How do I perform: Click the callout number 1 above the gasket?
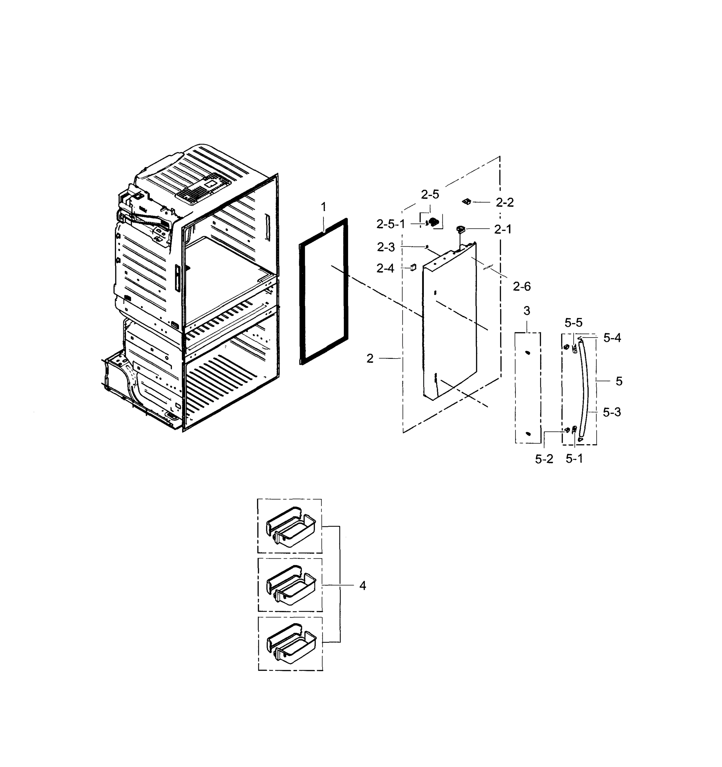tap(323, 207)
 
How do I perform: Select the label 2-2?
tap(505, 203)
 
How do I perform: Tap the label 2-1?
tap(503, 229)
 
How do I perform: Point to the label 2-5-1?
tap(391, 224)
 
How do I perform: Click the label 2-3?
tap(386, 247)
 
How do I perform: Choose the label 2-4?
tap(385, 268)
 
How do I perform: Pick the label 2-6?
tap(522, 286)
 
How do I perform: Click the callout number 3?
tap(527, 311)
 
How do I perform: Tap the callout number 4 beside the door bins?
tap(362, 586)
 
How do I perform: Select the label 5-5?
tap(573, 322)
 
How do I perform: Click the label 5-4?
tap(612, 338)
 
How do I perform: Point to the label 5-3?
tap(612, 413)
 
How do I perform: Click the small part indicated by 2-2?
tap(467, 201)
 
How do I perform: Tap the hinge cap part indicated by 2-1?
tap(460, 229)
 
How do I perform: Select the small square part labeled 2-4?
tap(413, 267)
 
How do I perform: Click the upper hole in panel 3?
tap(527, 352)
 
